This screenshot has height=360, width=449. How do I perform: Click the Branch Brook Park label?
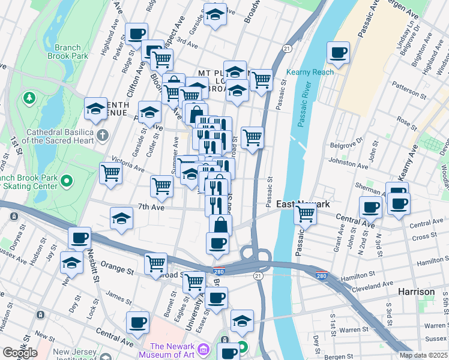71,52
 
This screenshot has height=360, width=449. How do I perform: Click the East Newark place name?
303,204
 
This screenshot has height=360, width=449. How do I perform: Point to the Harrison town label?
416,292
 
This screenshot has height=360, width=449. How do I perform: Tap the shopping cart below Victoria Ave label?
112,173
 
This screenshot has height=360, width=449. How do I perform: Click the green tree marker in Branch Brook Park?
28,97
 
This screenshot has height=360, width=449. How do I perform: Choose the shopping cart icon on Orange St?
156,262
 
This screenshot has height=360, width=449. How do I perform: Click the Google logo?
20,353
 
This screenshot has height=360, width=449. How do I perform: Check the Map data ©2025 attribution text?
423,355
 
